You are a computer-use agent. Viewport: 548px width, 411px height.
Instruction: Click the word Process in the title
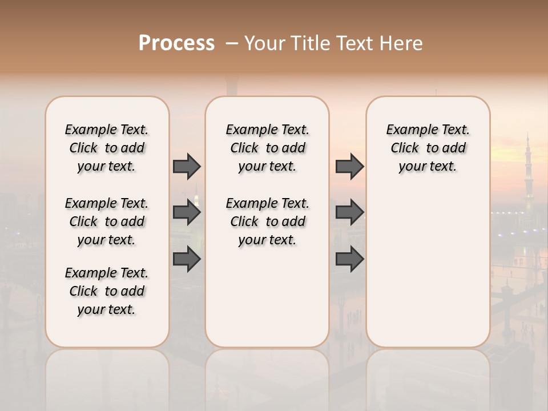[176, 43]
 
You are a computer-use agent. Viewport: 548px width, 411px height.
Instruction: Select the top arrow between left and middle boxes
[187, 166]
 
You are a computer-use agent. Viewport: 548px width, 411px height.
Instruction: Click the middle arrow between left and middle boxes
[187, 212]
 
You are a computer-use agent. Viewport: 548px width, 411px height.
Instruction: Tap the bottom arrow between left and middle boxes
[187, 259]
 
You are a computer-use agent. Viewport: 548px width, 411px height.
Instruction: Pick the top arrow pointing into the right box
[349, 166]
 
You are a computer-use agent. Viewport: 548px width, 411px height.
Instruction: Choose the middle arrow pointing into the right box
[349, 212]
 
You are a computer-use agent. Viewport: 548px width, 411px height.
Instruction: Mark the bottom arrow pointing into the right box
[349, 259]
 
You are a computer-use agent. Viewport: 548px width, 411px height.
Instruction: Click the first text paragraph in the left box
[107, 148]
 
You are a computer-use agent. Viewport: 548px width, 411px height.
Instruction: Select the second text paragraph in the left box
[107, 221]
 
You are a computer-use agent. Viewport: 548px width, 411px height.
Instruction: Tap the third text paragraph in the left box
[107, 291]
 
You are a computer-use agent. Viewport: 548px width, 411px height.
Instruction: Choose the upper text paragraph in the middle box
[267, 148]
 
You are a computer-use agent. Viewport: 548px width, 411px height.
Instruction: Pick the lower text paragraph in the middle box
[267, 221]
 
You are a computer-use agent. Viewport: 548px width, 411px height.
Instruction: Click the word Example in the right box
[409, 130]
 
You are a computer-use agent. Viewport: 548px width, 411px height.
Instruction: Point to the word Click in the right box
[405, 148]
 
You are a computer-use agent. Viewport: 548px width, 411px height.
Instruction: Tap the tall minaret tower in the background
[528, 171]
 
